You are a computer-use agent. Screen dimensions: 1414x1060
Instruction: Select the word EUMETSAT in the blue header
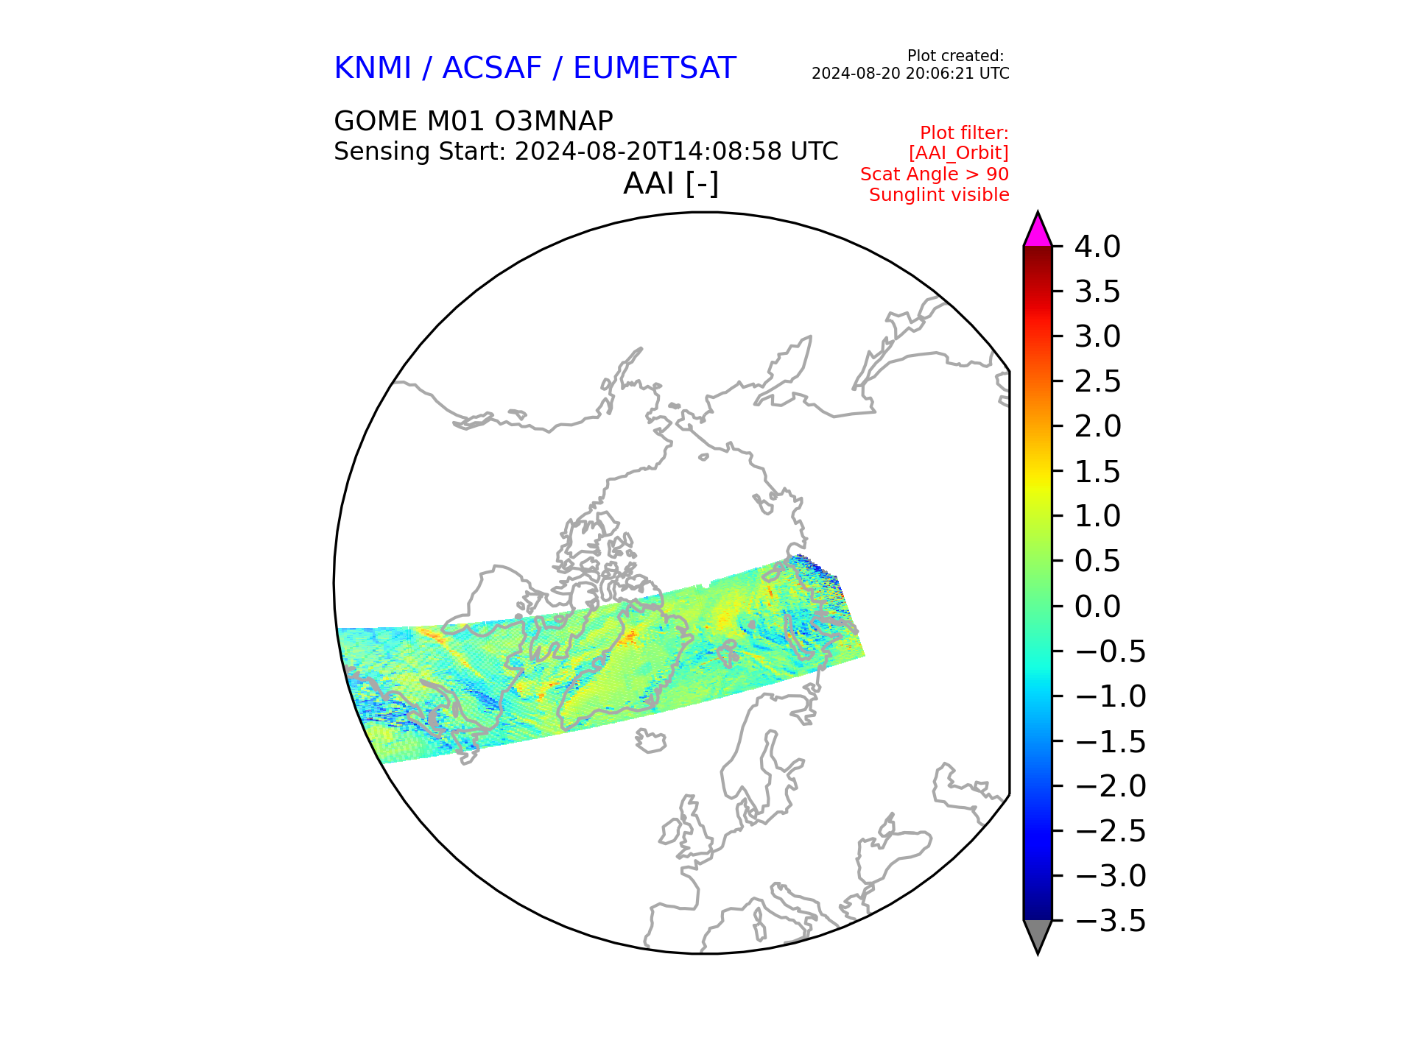pyautogui.click(x=654, y=68)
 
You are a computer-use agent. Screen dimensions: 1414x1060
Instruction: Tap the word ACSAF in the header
pyautogui.click(x=492, y=68)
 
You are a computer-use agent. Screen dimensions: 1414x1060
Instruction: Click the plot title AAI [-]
pyautogui.click(x=671, y=183)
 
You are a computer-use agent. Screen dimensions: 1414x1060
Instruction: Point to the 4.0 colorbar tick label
pyautogui.click(x=1097, y=247)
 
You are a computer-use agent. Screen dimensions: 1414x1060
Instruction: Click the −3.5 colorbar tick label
pyautogui.click(x=1111, y=921)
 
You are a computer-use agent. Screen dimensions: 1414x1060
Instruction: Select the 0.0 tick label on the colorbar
pyautogui.click(x=1097, y=607)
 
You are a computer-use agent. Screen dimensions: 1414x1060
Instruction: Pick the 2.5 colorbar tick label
pyautogui.click(x=1097, y=382)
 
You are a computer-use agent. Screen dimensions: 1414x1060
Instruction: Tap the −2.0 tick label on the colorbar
pyautogui.click(x=1111, y=786)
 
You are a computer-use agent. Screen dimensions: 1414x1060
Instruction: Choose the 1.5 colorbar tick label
pyautogui.click(x=1097, y=472)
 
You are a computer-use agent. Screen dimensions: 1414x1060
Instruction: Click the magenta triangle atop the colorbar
pyautogui.click(x=1038, y=231)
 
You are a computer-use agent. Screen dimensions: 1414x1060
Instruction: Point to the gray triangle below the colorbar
pyautogui.click(x=1038, y=936)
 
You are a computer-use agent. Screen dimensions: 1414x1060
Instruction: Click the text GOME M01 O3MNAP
pyautogui.click(x=474, y=121)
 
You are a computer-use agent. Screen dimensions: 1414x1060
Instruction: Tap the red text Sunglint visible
pyautogui.click(x=939, y=195)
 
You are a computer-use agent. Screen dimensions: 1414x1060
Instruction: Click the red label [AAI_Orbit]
pyautogui.click(x=959, y=153)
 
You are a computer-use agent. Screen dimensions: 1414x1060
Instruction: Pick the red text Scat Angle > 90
pyautogui.click(x=935, y=174)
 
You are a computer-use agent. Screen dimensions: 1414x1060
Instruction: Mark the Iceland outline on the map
pyautogui.click(x=651, y=741)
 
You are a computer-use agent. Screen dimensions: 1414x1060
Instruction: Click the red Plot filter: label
pyautogui.click(x=965, y=133)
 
